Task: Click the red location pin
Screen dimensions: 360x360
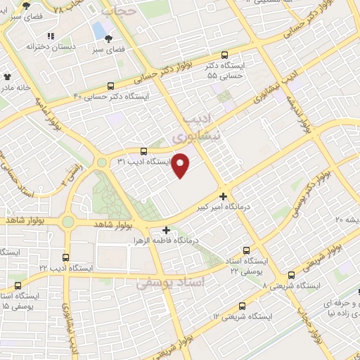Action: [x=181, y=165]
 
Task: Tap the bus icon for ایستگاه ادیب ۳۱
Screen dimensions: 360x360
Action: [x=144, y=150]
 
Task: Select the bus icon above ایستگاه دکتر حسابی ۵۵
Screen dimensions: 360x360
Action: [x=224, y=54]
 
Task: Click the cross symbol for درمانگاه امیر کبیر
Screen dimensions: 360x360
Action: [x=223, y=196]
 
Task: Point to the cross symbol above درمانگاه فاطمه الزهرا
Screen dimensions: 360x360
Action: [x=166, y=229]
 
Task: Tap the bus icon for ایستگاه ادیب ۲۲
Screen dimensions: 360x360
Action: [x=66, y=257]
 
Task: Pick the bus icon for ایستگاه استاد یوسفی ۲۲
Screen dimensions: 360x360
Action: [x=246, y=250]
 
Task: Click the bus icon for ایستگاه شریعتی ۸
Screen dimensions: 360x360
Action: [x=291, y=275]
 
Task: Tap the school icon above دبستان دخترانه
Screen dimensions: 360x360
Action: [x=50, y=36]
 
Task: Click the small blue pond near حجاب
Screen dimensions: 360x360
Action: [x=98, y=30]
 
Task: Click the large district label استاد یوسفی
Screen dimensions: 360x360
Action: [x=169, y=283]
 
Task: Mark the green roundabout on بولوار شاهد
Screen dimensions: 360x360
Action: [x=67, y=222]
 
